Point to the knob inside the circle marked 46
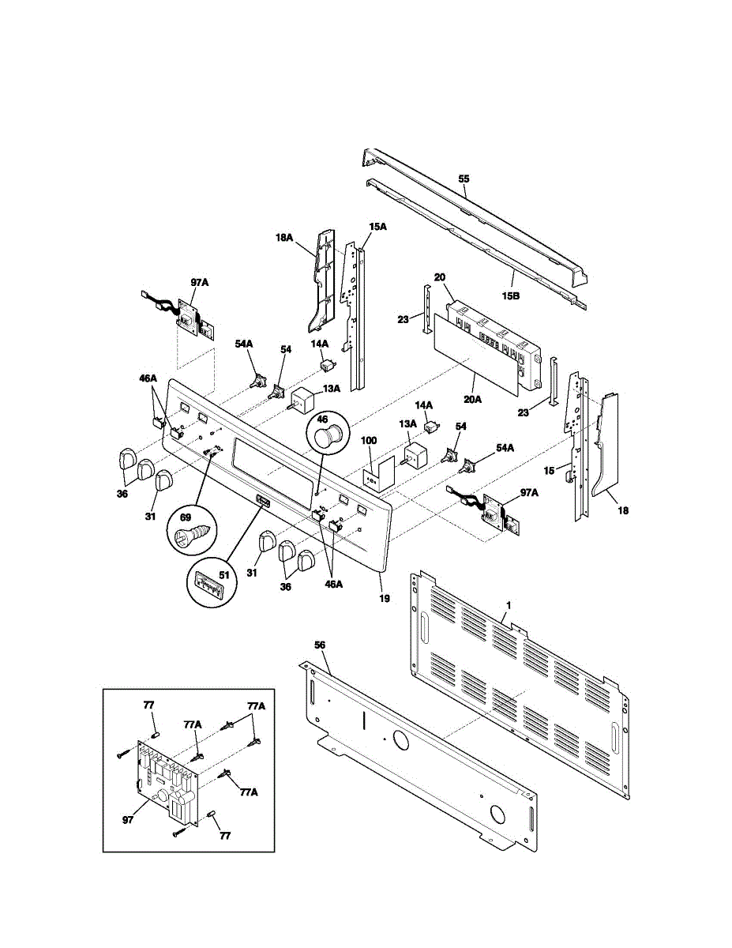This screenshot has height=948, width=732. click(326, 435)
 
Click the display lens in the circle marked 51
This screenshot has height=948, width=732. click(209, 587)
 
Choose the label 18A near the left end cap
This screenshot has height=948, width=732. click(283, 236)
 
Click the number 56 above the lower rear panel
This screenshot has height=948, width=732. click(319, 645)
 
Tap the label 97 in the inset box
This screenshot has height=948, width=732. click(129, 819)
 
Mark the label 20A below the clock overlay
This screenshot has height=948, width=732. click(472, 400)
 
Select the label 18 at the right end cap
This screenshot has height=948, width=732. click(623, 511)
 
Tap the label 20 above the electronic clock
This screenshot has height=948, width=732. click(440, 276)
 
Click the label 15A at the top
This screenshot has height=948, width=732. click(378, 227)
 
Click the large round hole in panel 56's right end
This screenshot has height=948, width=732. click(497, 814)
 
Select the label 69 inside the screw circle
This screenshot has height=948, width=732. click(186, 517)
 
